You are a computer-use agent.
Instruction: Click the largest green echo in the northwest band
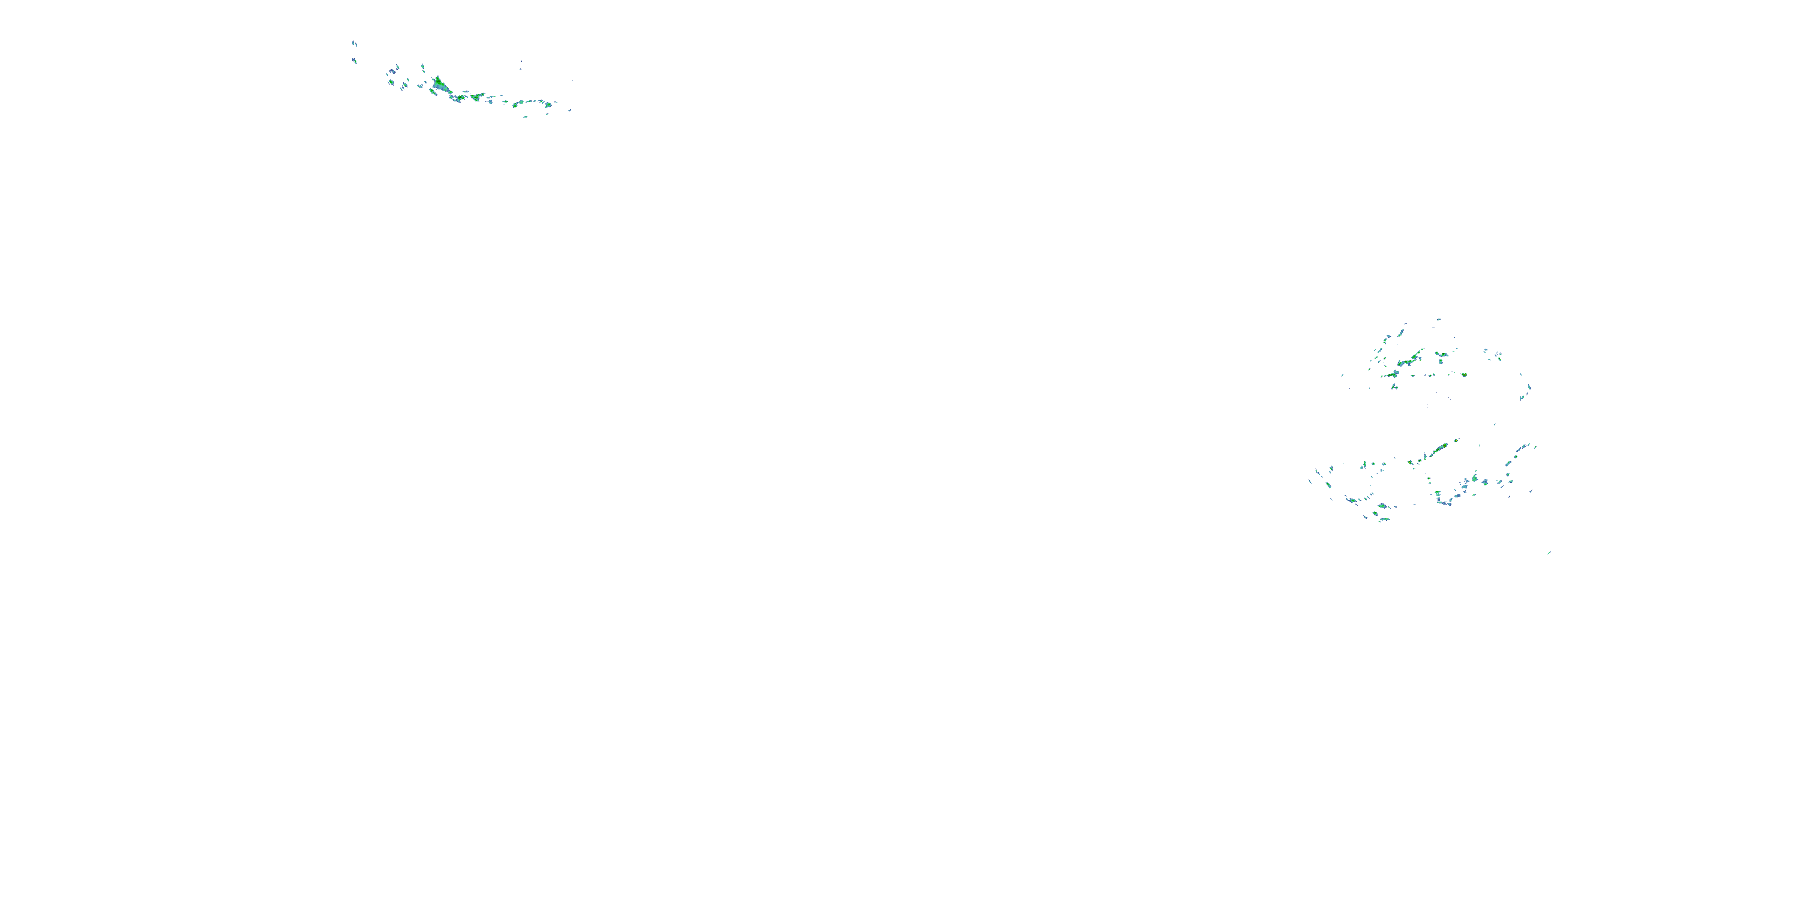click(439, 85)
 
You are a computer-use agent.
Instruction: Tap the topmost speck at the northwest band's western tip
click(353, 43)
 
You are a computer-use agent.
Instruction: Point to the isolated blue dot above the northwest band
click(521, 62)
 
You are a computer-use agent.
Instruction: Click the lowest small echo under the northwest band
click(526, 116)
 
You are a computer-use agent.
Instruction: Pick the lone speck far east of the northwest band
click(573, 80)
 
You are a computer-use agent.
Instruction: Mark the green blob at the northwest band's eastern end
click(548, 105)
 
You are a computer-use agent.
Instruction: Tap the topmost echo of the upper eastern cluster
click(1439, 319)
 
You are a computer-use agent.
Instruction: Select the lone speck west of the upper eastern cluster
click(1342, 375)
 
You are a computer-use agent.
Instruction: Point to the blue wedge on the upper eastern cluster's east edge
click(1529, 387)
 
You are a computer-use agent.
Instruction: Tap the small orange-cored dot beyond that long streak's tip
click(1457, 440)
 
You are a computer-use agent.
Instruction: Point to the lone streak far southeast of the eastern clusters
click(1549, 553)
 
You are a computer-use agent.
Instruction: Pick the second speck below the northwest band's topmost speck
click(354, 61)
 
